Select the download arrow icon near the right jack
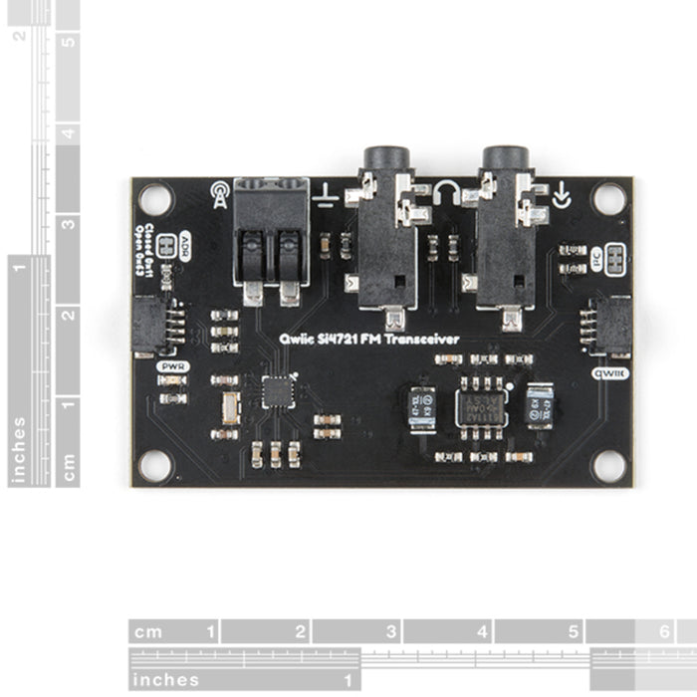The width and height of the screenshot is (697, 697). [564, 195]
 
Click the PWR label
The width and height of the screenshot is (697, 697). [172, 366]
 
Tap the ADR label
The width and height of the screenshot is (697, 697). [183, 246]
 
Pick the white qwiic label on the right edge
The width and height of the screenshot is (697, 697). [608, 373]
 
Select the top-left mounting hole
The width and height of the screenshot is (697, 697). [155, 198]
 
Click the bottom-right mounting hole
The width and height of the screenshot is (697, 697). [608, 464]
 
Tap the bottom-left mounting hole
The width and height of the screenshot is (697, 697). [154, 464]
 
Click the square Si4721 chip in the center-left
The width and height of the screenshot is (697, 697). [278, 390]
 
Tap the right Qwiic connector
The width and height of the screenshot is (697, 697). [610, 327]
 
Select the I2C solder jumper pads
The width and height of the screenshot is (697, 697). [614, 257]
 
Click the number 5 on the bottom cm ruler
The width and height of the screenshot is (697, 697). [574, 631]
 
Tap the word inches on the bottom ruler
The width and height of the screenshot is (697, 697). [165, 680]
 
